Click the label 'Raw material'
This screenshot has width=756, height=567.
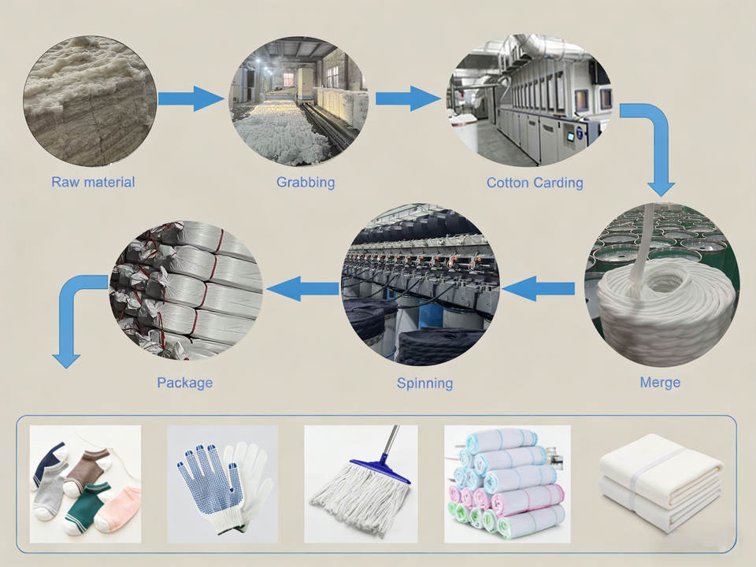93,182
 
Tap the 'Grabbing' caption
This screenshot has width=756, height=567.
306,182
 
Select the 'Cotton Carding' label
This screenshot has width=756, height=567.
535,183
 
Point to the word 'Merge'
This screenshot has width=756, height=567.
660,383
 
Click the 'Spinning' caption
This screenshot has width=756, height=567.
424,384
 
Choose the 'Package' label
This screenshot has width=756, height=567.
184,383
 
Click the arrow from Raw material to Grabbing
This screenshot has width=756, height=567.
191,98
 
